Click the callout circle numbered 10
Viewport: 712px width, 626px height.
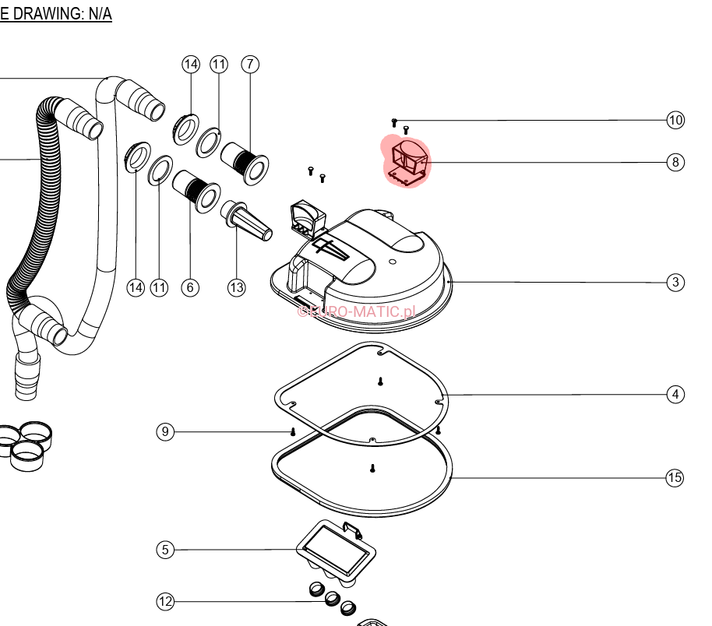coord(675,120)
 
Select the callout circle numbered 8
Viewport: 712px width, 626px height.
coord(675,162)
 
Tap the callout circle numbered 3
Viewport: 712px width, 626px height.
coord(675,282)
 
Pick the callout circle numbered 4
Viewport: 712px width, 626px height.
coord(675,395)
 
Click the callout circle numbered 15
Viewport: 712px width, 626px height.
coord(675,477)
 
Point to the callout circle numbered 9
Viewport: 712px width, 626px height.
coord(164,431)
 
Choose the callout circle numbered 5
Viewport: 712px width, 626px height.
coord(164,550)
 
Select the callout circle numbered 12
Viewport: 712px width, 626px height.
coord(164,601)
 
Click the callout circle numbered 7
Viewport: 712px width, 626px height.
coord(249,64)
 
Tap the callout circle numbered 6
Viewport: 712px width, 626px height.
coord(190,287)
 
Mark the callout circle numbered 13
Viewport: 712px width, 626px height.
coord(237,287)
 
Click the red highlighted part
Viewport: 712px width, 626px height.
coord(406,162)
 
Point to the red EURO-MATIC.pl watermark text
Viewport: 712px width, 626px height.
coord(357,311)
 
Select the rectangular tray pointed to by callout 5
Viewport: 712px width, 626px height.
coord(337,548)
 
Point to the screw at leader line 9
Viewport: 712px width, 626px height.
coord(293,431)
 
